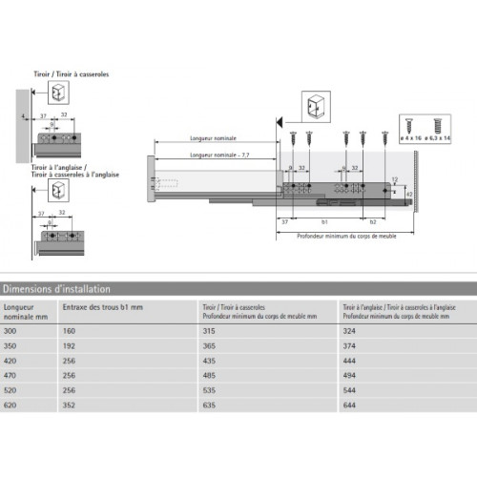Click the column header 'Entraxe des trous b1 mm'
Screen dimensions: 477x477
100,307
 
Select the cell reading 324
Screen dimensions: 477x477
348,330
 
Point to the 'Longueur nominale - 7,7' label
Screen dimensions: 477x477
218,155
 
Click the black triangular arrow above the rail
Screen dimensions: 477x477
280,123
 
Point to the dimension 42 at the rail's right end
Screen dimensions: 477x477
411,194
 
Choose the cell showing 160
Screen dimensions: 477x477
69,330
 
